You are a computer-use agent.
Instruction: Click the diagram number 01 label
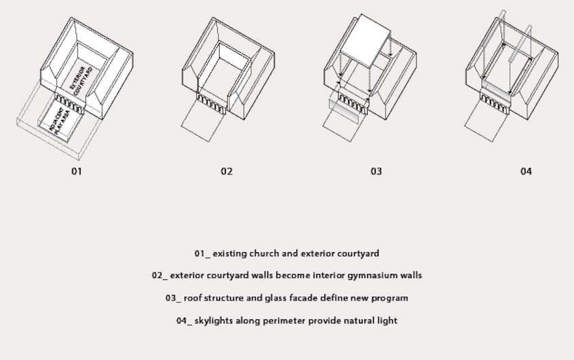(77, 172)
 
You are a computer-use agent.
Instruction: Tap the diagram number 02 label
(227, 172)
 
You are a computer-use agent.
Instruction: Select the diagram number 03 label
(376, 172)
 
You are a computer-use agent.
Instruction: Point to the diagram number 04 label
(526, 172)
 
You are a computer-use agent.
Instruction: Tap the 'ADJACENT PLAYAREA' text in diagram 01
(60, 122)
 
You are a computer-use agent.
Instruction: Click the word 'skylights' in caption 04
(214, 321)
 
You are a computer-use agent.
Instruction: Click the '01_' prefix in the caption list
(202, 254)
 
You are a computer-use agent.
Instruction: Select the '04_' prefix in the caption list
(184, 321)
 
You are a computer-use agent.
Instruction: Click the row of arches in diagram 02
(211, 101)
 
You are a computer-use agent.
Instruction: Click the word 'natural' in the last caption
(362, 321)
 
